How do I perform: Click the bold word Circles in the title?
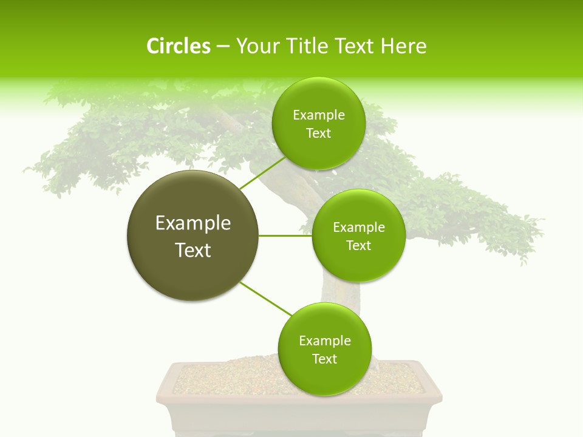click(x=179, y=46)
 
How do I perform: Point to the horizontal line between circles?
click(x=285, y=235)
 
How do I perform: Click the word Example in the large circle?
click(x=193, y=223)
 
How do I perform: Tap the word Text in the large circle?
click(x=193, y=250)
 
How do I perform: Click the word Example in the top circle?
click(x=319, y=115)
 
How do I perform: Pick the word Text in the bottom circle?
click(x=324, y=359)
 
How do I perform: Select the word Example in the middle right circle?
click(x=359, y=228)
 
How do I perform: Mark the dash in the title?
click(x=223, y=47)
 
